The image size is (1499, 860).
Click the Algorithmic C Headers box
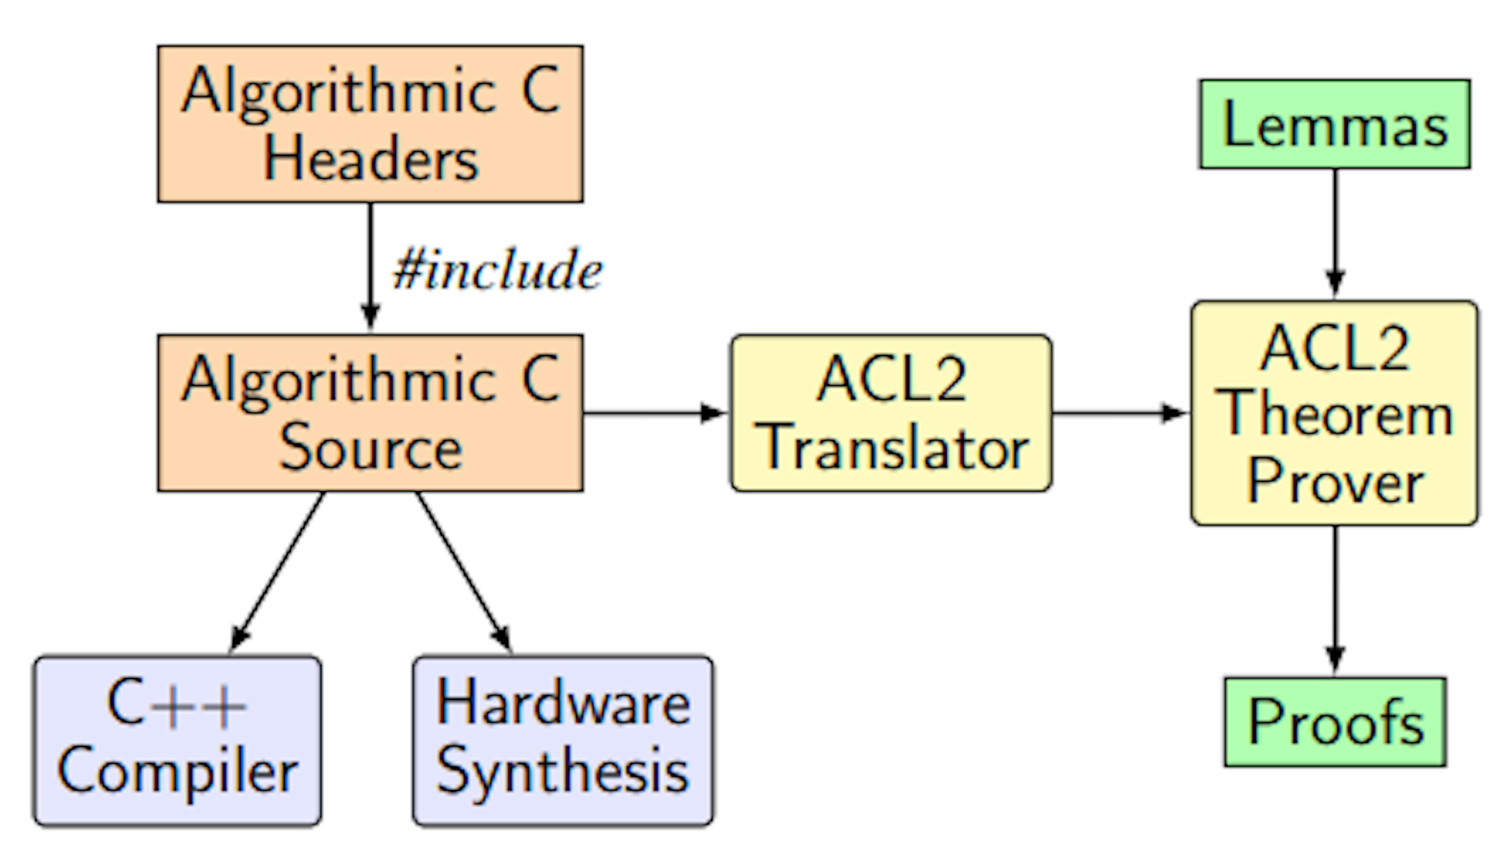pos(370,124)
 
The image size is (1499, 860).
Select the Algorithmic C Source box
pos(370,413)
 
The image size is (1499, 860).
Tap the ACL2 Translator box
pos(891,413)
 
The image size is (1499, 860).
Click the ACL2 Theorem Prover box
pos(1334,413)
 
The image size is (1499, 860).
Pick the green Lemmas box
pos(1334,125)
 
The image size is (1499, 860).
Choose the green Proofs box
pos(1335,722)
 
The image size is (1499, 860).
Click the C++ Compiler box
pos(177,741)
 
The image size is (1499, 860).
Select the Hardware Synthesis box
pos(563,741)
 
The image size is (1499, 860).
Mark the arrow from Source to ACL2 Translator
pos(653,413)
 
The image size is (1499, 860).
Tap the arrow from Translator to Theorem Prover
pos(1118,413)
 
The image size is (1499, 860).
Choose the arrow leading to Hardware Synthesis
pos(464,572)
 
